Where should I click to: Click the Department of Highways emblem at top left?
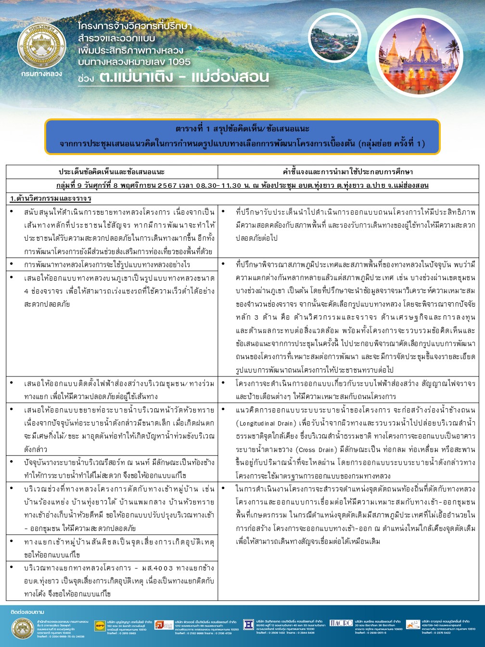click(x=42, y=47)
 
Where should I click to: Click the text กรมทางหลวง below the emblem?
click(x=42, y=74)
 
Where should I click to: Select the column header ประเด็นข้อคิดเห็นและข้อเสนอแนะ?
click(x=112, y=172)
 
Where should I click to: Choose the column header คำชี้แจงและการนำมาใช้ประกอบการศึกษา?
click(x=348, y=172)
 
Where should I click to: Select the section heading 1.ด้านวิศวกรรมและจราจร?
click(x=51, y=198)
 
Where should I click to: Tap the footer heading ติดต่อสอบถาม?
click(x=27, y=612)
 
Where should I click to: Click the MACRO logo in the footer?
click(x=341, y=623)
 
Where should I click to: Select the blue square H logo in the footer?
click(x=248, y=624)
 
